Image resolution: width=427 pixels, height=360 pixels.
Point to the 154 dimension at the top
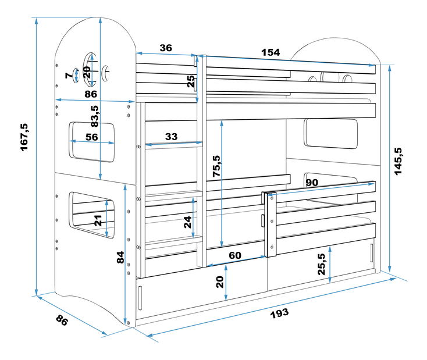pyautogui.click(x=270, y=52)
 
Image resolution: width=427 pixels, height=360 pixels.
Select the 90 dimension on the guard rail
pyautogui.click(x=312, y=182)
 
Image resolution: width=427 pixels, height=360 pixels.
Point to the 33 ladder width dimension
pyautogui.click(x=171, y=137)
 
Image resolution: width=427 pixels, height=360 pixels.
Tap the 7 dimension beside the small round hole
pyautogui.click(x=68, y=75)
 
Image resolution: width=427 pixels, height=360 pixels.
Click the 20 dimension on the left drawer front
pyautogui.click(x=219, y=282)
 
